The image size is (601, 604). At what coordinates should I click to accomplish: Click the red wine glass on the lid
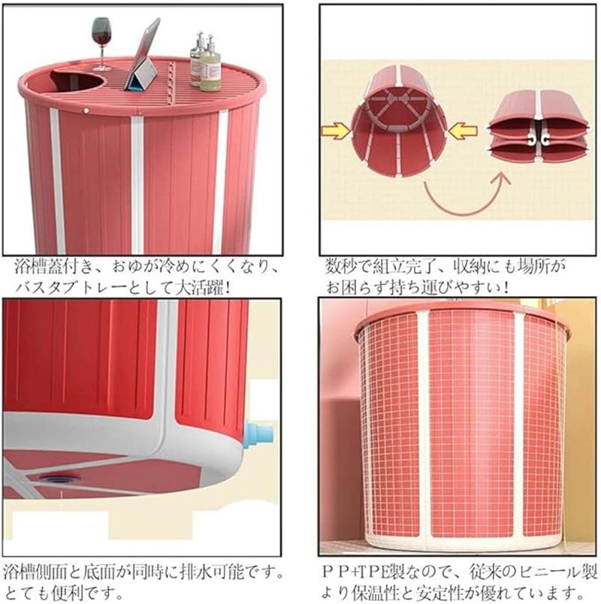click(101, 42)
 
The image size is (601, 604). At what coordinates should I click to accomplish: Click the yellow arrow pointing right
click(335, 131)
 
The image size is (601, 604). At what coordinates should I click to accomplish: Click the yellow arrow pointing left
click(463, 131)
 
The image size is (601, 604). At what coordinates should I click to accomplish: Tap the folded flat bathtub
click(539, 126)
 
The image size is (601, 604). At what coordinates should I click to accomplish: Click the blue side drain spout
click(261, 433)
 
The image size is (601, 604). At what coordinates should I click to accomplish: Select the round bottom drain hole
click(60, 479)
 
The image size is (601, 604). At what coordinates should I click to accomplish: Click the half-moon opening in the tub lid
click(77, 81)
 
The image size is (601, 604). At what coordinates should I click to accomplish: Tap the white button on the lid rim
click(86, 111)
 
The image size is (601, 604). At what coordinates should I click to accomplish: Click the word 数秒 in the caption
click(340, 267)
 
